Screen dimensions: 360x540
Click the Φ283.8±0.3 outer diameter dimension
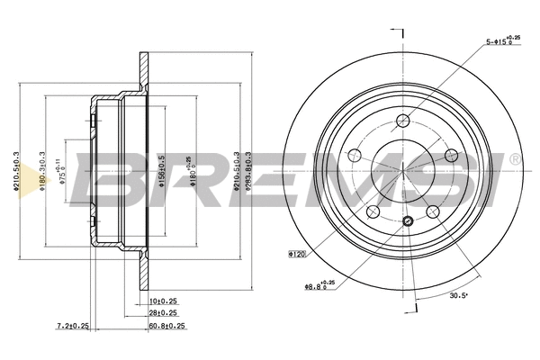(x=247, y=172)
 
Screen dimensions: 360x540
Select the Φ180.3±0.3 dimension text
(x=42, y=172)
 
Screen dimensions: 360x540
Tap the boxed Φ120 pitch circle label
(x=298, y=255)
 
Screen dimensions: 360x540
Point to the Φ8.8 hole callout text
(x=319, y=285)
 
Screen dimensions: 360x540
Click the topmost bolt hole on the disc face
(x=404, y=121)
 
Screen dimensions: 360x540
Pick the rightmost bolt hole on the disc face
(x=453, y=157)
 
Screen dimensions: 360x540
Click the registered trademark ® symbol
(x=515, y=159)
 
